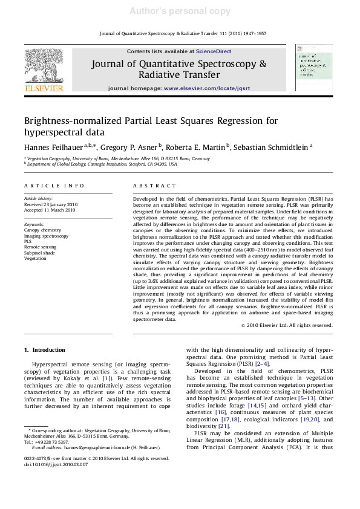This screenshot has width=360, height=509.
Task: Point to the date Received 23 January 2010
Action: click(50, 204)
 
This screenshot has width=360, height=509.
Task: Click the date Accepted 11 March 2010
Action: click(49, 210)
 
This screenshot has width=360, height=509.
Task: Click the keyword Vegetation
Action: click(34, 258)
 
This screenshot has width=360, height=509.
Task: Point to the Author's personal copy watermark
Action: click(180, 11)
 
